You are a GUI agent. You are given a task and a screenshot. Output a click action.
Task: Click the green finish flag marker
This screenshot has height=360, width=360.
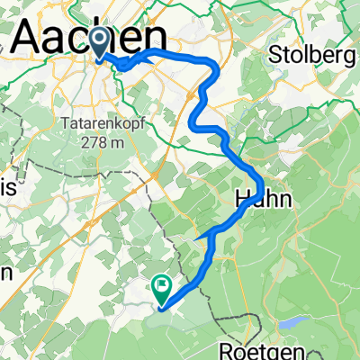162,288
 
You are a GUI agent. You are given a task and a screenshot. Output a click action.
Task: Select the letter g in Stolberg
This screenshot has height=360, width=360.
346,56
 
